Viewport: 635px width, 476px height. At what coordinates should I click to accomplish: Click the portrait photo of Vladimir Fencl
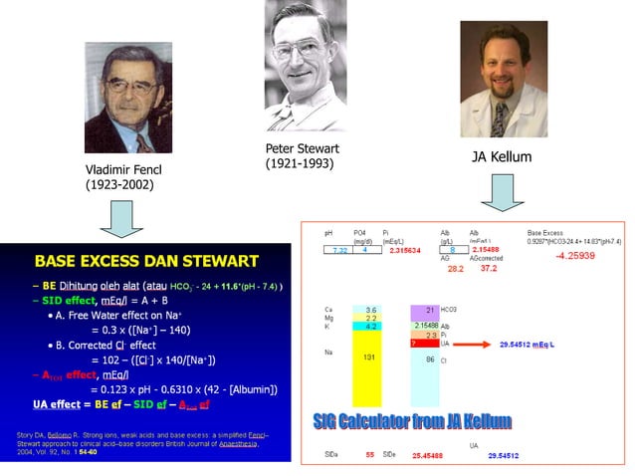(x=128, y=96)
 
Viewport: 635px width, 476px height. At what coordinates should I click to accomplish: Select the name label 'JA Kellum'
(x=501, y=157)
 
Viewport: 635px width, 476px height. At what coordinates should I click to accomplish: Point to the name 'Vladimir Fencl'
(x=123, y=169)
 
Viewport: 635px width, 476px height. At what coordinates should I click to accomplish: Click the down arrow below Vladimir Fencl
(x=121, y=218)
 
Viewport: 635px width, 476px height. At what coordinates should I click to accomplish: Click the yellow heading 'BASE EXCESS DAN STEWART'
(x=146, y=262)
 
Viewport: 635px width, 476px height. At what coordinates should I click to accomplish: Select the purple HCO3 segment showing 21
(x=431, y=312)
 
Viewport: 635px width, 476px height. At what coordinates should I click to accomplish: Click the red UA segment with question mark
(x=431, y=344)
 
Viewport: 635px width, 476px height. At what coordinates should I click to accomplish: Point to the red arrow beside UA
(x=479, y=344)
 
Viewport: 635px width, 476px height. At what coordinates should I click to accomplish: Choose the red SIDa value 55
(x=369, y=455)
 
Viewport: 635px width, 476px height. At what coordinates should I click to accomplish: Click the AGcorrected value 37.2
(x=489, y=268)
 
